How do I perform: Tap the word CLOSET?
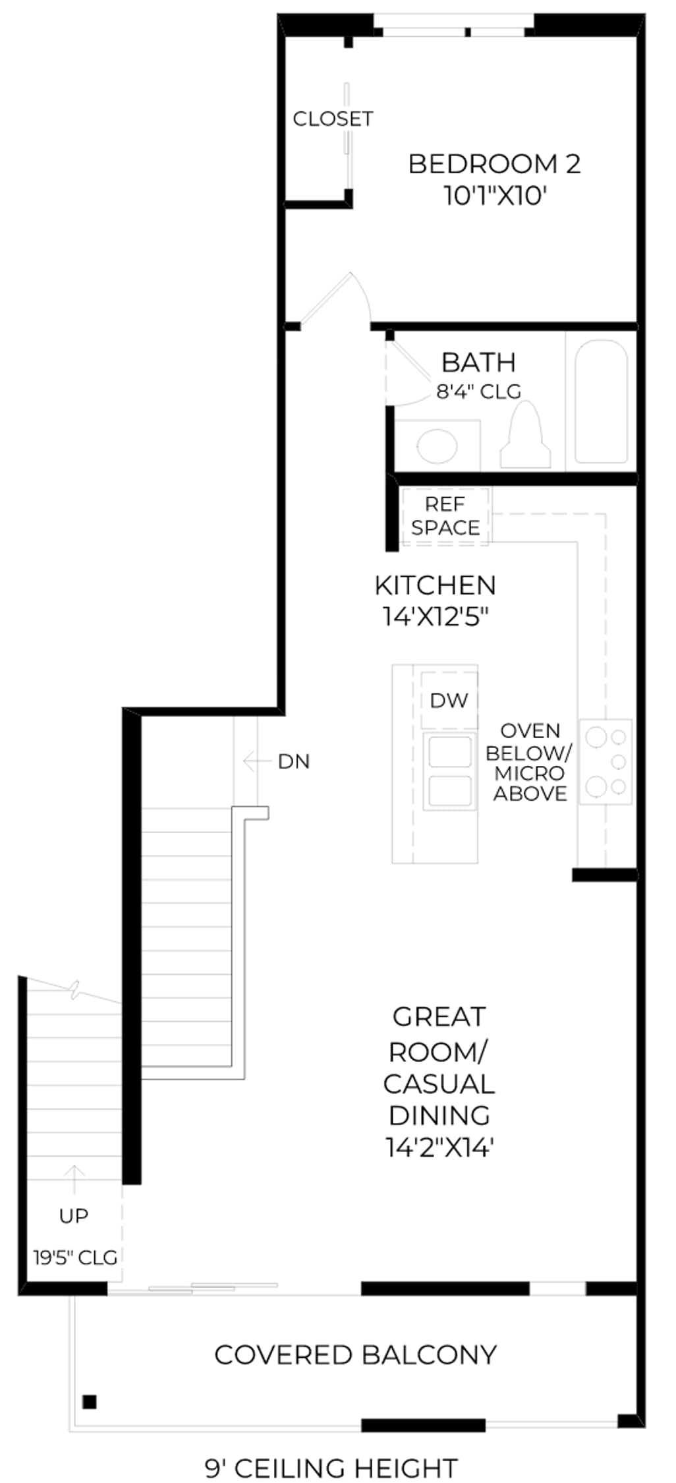pos(333,119)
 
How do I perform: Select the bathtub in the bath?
pos(601,401)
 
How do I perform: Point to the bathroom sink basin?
pos(437,446)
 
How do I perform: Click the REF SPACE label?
pos(445,516)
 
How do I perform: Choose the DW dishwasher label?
pos(449,700)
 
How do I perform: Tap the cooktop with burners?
pos(606,761)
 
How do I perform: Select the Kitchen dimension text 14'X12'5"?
pos(436,617)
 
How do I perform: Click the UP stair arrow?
pos(74,1179)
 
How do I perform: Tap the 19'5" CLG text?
pos(76,1258)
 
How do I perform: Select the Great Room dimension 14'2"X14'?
pos(439,1148)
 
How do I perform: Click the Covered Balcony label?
pos(356,1356)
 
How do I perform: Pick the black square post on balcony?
pos(90,1402)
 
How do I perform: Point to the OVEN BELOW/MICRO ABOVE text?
pos(530,762)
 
